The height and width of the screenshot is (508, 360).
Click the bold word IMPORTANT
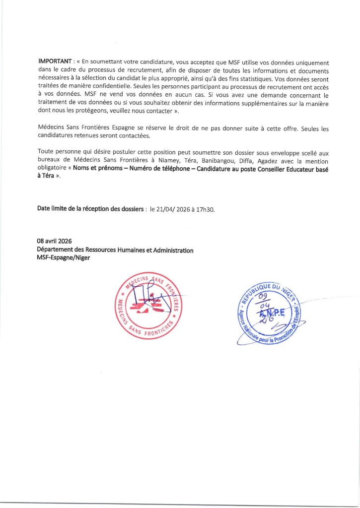point(55,61)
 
